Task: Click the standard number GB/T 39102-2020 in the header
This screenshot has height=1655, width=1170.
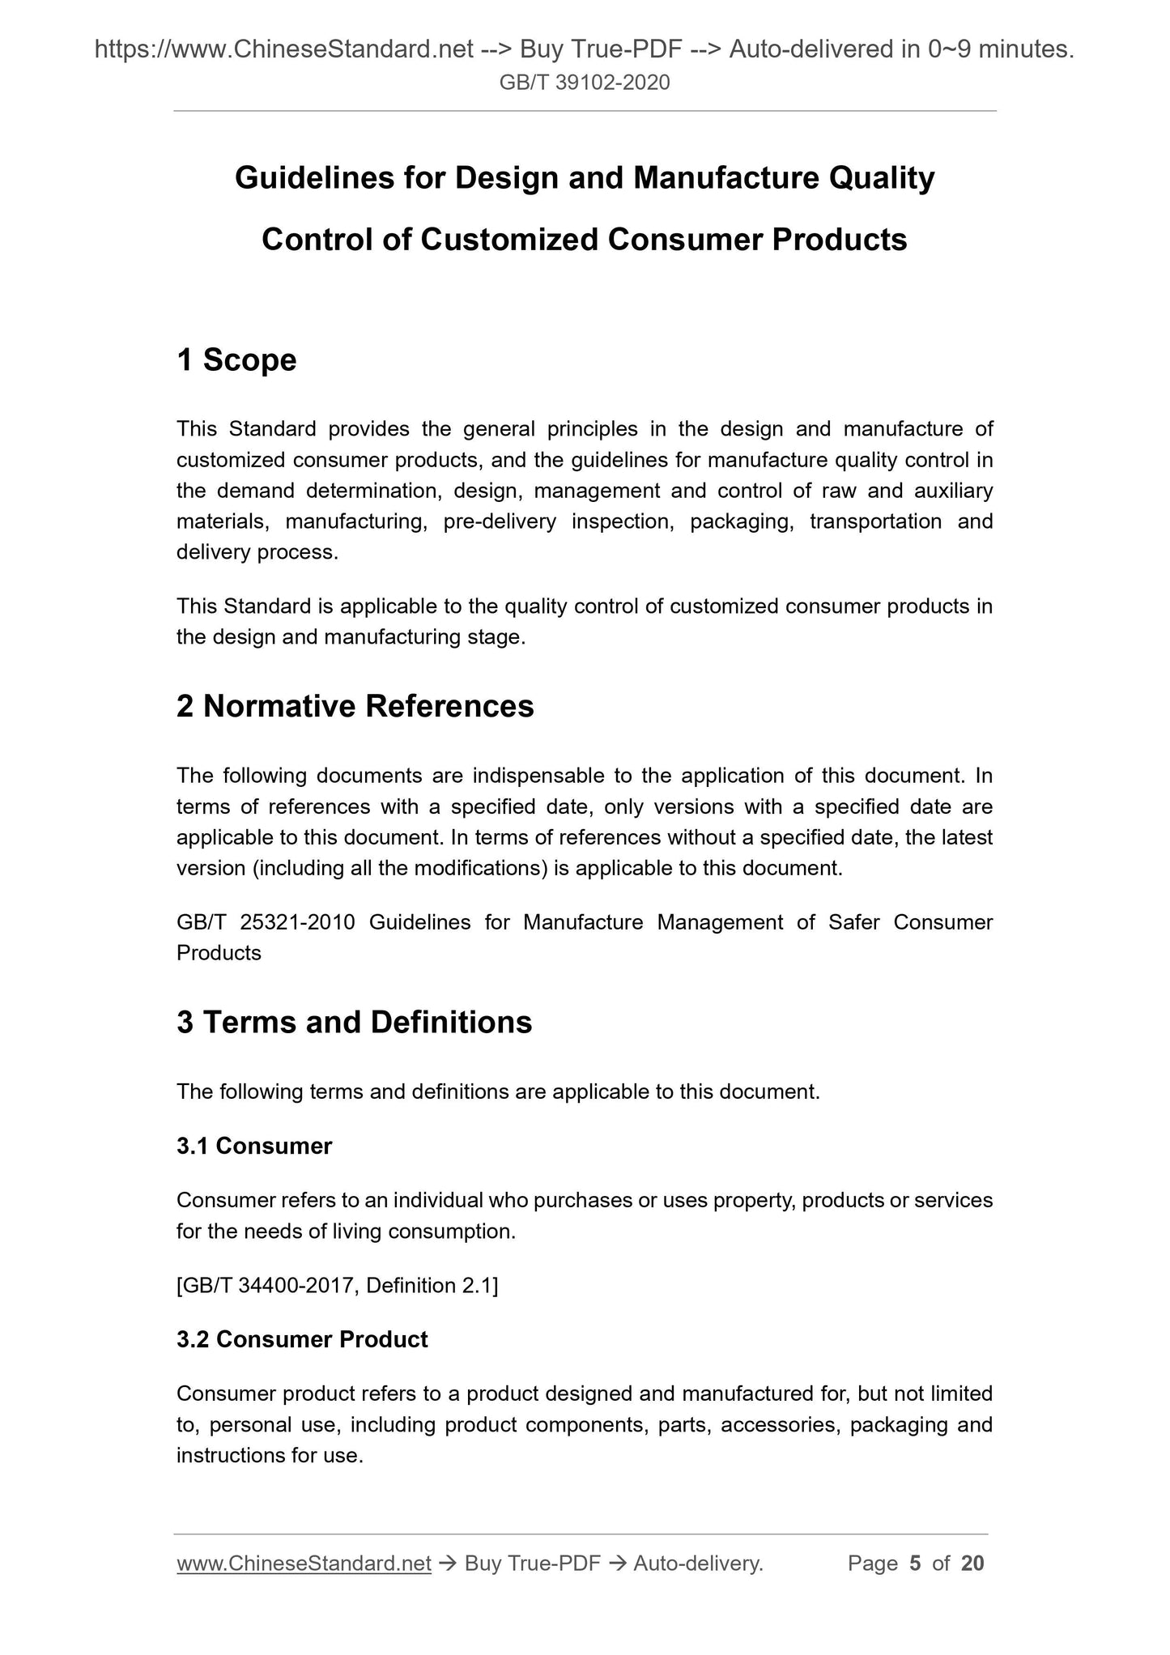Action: [585, 82]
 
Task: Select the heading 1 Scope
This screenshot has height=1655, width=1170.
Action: [236, 360]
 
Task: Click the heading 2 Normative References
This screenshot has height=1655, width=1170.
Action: [355, 706]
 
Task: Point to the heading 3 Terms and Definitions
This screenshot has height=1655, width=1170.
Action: [354, 1023]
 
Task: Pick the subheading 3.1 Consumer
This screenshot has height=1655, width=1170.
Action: [254, 1146]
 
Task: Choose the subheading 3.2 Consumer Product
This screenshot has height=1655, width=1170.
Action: [302, 1339]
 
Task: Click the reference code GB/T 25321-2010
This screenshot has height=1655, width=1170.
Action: [266, 922]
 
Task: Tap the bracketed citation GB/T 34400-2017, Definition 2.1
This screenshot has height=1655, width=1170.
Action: [337, 1285]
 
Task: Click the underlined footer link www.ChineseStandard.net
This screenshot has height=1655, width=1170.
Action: [304, 1564]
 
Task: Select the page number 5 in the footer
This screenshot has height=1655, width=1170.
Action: [915, 1564]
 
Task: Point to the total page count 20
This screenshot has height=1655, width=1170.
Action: [972, 1564]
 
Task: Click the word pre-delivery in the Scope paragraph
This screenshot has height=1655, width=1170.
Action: [500, 521]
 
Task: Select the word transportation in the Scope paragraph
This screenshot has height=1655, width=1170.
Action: [875, 521]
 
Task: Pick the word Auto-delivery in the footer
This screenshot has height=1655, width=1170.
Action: [697, 1564]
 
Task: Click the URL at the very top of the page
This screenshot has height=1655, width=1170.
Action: [283, 50]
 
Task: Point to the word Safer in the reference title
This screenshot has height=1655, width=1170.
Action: [854, 922]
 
